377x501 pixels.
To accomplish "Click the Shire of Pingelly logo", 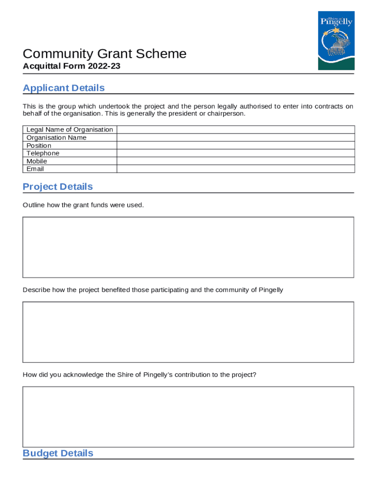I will pos(336,41).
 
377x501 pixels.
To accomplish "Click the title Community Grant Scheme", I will pos(104,54).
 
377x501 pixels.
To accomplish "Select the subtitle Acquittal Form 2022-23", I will pos(71,66).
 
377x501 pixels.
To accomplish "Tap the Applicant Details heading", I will pos(64,88).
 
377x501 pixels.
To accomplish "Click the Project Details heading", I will pos(58,187).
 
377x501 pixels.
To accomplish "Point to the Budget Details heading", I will pos(58,453).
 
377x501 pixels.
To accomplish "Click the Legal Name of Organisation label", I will pos(70,130).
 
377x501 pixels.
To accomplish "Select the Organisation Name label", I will pos(56,137).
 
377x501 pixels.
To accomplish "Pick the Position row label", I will pos(39,146).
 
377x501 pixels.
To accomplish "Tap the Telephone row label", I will pos(43,153).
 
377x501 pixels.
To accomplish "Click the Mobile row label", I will pos(37,161).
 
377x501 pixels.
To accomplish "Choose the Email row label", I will pos(35,169).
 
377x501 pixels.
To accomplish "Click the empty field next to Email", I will pos(235,169).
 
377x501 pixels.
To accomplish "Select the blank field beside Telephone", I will pos(235,153).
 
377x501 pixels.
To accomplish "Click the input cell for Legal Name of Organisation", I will pos(235,130).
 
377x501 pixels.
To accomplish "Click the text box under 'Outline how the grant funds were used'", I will pos(188,247).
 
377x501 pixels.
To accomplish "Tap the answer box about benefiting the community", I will pos(188,332).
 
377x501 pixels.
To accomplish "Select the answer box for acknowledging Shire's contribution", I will pos(188,416).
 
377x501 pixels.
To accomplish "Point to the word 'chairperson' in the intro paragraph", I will pos(225,114).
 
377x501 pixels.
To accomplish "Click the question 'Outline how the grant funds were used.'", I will pos(83,205).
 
